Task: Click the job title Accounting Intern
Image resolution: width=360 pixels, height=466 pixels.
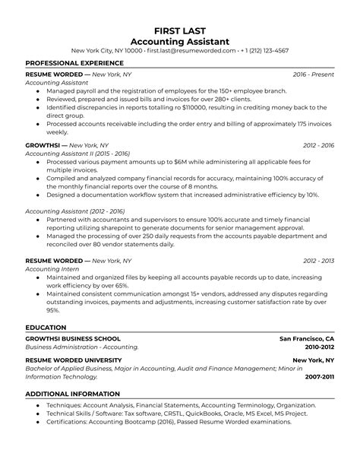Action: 53,270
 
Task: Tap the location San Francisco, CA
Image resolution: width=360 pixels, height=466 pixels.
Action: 307,338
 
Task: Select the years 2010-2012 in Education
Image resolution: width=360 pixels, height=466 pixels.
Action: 318,347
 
